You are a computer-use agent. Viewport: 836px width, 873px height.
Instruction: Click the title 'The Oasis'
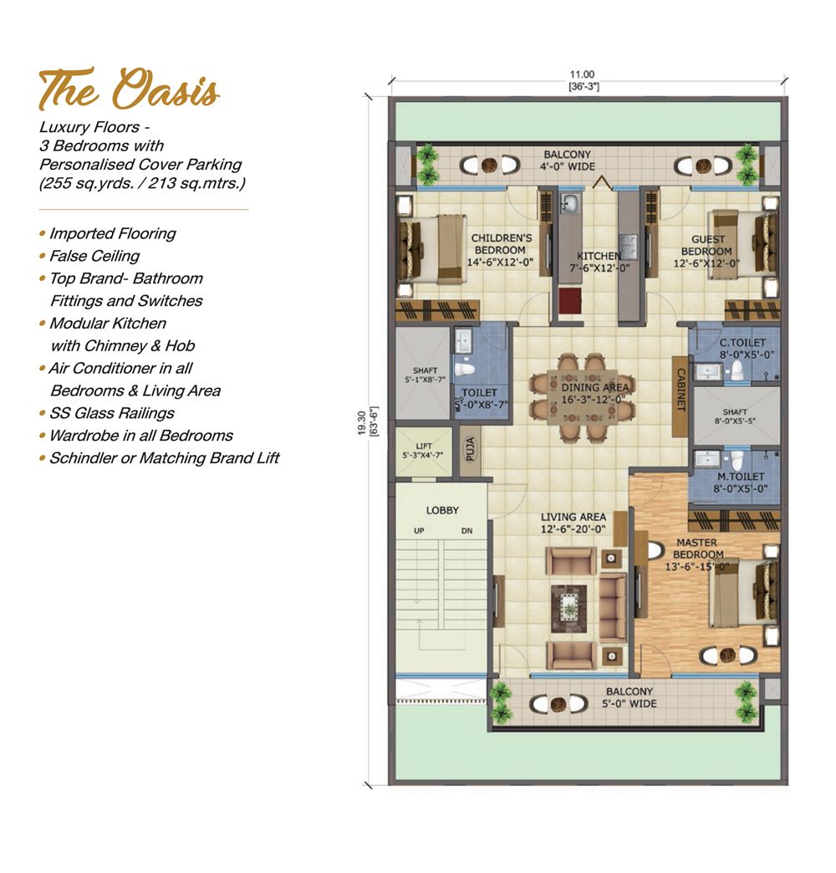click(129, 89)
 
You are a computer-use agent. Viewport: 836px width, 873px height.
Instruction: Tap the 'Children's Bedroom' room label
click(501, 250)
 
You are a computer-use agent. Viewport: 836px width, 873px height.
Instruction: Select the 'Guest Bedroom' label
click(707, 251)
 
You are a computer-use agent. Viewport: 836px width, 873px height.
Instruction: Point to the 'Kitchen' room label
click(599, 262)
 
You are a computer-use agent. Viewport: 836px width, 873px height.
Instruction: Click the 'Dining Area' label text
click(594, 393)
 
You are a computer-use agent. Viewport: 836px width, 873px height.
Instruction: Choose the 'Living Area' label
click(573, 523)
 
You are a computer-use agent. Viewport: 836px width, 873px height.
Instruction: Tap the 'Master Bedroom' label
click(697, 554)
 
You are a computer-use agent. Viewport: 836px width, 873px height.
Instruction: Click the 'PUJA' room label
click(470, 449)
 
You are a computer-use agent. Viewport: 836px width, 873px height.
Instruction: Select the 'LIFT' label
click(424, 450)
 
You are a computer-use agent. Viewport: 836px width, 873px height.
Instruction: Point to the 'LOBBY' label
click(442, 510)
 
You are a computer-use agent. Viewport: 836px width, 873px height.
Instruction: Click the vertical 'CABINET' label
click(681, 389)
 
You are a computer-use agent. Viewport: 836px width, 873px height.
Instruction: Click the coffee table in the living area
click(568, 609)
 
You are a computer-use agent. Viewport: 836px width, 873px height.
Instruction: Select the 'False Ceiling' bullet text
click(94, 256)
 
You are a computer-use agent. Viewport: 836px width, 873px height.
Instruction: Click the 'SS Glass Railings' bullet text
click(111, 413)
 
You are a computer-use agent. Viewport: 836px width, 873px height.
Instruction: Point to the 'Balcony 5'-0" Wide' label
click(629, 697)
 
